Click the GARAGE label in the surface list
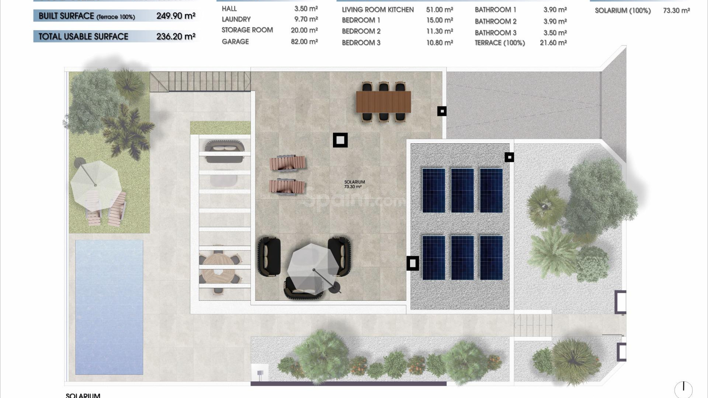[x=235, y=42]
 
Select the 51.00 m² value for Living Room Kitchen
[x=440, y=10]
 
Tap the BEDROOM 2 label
[x=361, y=31]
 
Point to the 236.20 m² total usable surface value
[x=176, y=36]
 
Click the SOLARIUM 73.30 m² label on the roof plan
[x=354, y=184]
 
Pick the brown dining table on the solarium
[x=383, y=102]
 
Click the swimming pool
[x=109, y=307]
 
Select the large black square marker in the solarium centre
[x=340, y=140]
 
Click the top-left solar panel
[x=434, y=190]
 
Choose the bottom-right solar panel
[x=491, y=258]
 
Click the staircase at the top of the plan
[x=200, y=81]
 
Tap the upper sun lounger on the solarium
[x=287, y=163]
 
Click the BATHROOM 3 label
[x=495, y=33]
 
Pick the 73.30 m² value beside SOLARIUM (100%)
[x=676, y=11]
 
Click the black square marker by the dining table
[x=442, y=111]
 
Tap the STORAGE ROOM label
[x=247, y=30]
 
